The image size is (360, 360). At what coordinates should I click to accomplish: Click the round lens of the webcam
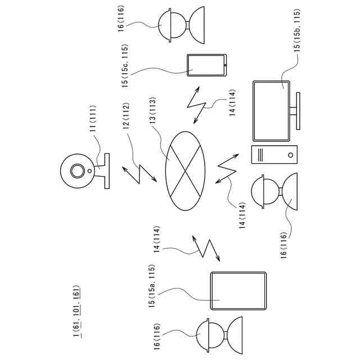point(76,170)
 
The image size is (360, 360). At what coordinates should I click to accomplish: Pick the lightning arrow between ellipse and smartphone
point(197,105)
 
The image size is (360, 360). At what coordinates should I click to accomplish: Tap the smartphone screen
point(205,64)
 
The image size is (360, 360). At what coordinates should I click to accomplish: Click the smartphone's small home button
point(224,65)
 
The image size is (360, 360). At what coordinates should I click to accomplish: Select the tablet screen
point(237,291)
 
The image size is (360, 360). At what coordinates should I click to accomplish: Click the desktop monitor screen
point(272,111)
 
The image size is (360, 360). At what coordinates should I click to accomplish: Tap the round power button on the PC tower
point(289,154)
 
